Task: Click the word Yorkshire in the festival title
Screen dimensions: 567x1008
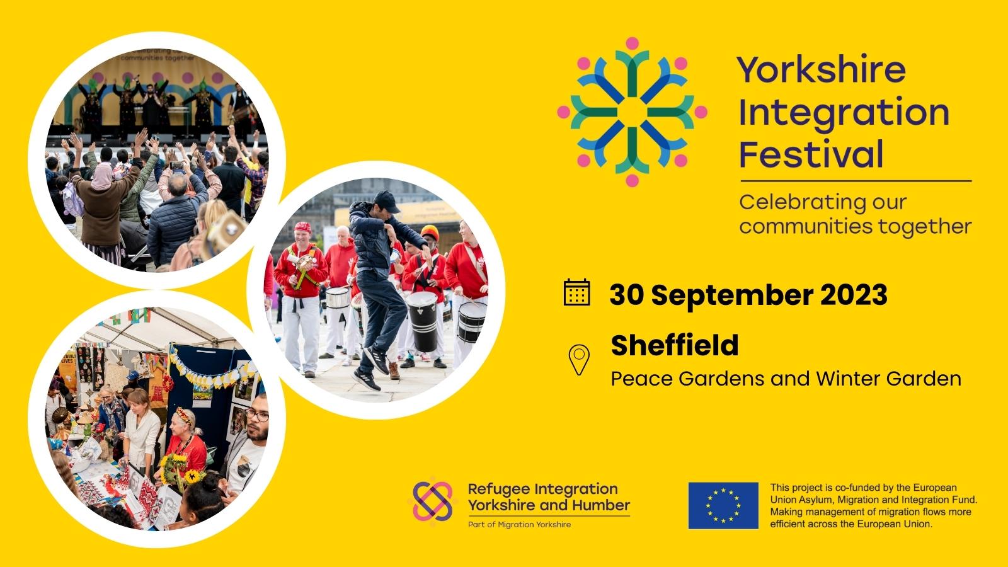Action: coord(821,69)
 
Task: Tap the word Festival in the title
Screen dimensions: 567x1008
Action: coord(811,154)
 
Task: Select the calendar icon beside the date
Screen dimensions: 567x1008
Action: coord(576,292)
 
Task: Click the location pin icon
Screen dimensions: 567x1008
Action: coord(578,360)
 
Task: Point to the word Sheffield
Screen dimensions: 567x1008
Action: coord(674,345)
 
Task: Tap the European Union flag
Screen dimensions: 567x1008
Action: coord(723,505)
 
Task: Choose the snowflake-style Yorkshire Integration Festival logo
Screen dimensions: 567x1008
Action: coord(632,112)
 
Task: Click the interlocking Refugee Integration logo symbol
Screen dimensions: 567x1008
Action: coord(432,501)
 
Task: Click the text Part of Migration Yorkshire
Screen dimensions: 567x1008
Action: coord(519,524)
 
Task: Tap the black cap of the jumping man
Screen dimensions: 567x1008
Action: coord(386,201)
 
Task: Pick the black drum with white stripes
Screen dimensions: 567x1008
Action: coord(422,320)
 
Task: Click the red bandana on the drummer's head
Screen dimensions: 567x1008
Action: coord(304,227)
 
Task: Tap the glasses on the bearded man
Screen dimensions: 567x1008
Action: coord(256,416)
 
